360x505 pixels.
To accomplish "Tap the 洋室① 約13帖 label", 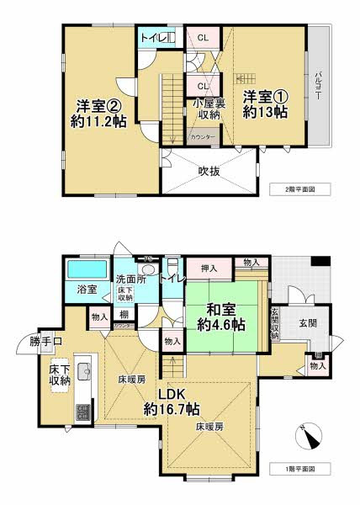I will tap(265, 103).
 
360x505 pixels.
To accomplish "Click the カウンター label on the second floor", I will tap(203, 136).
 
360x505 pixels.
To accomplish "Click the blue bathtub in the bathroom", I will tap(87, 270).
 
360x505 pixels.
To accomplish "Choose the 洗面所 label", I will tap(132, 279).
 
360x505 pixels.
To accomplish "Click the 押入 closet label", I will tap(211, 269).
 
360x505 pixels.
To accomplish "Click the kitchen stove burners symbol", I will tap(82, 412).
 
